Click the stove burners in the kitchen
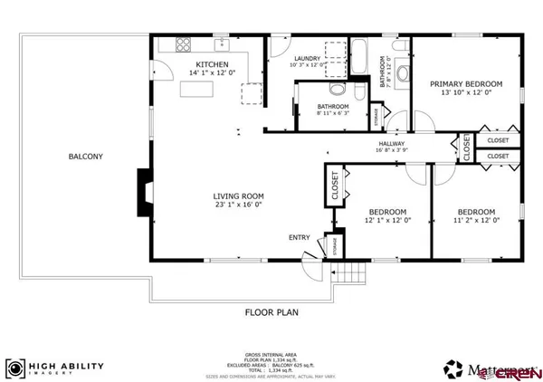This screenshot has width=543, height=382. (184, 43)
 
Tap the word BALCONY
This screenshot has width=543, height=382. (86, 157)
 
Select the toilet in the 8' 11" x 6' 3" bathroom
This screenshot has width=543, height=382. (337, 91)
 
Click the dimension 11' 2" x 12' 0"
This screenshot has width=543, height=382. (475, 220)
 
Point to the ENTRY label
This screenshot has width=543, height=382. (299, 237)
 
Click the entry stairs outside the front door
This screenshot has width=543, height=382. (348, 272)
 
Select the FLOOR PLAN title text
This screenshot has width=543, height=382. (271, 312)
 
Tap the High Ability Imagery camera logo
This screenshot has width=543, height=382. (14, 368)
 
